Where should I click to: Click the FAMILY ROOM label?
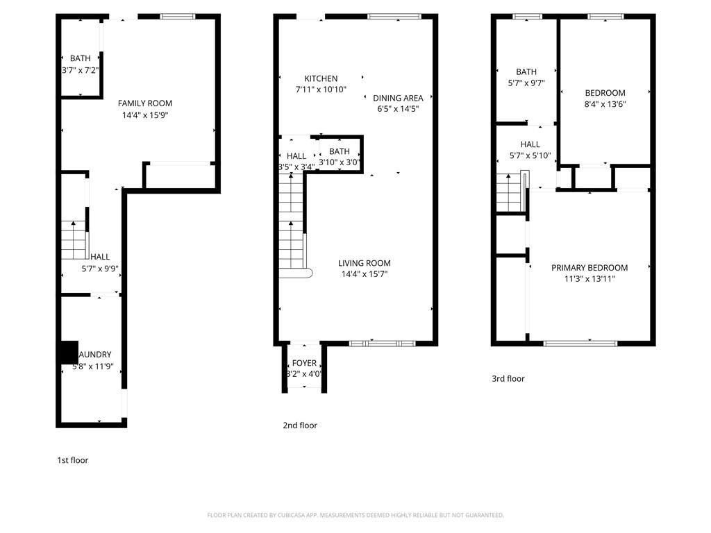click(x=144, y=103)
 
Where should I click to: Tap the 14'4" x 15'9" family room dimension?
click(x=144, y=115)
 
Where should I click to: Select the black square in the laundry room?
click(x=67, y=353)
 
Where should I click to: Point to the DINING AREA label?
click(x=398, y=98)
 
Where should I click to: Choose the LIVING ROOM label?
click(x=364, y=263)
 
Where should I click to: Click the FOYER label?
click(x=304, y=363)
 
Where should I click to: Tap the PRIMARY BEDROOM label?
click(x=589, y=268)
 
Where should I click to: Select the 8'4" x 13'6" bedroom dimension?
click(x=605, y=104)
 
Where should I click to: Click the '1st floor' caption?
click(x=72, y=460)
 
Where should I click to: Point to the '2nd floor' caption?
click(x=300, y=425)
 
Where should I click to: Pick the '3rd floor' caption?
click(x=508, y=379)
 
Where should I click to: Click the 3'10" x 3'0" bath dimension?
click(x=339, y=163)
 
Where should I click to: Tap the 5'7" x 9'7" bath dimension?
click(x=526, y=83)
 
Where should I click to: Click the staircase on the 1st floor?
click(x=74, y=240)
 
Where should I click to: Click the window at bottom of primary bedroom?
click(x=580, y=343)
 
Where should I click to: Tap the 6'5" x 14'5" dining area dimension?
click(x=398, y=109)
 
